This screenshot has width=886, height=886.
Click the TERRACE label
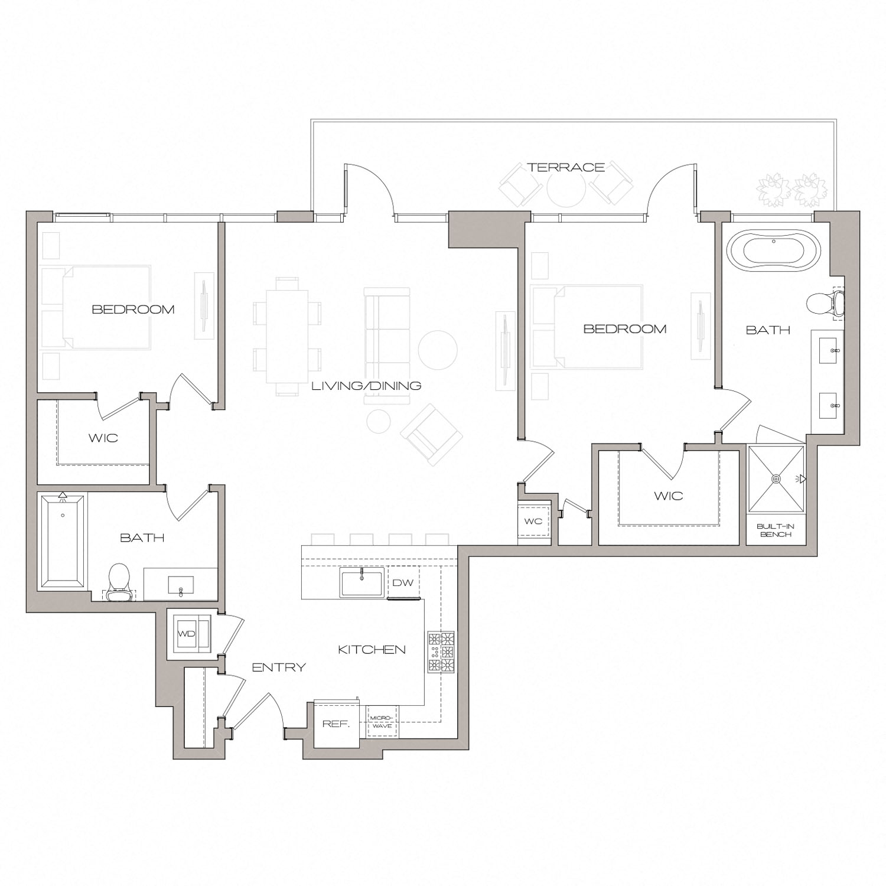click(566, 168)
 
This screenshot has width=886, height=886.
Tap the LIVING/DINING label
click(366, 386)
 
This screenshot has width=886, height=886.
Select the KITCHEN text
click(372, 650)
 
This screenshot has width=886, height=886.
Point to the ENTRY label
click(279, 667)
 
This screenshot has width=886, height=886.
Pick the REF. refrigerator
click(335, 724)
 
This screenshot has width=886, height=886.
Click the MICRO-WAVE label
click(381, 722)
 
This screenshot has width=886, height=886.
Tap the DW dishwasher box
click(403, 583)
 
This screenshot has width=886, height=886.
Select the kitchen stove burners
click(441, 652)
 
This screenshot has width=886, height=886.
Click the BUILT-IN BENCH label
click(775, 530)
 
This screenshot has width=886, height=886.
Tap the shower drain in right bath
click(776, 478)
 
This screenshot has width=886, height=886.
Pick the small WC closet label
click(533, 522)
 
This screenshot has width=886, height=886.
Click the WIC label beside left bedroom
click(103, 438)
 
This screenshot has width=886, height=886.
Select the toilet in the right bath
click(824, 302)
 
